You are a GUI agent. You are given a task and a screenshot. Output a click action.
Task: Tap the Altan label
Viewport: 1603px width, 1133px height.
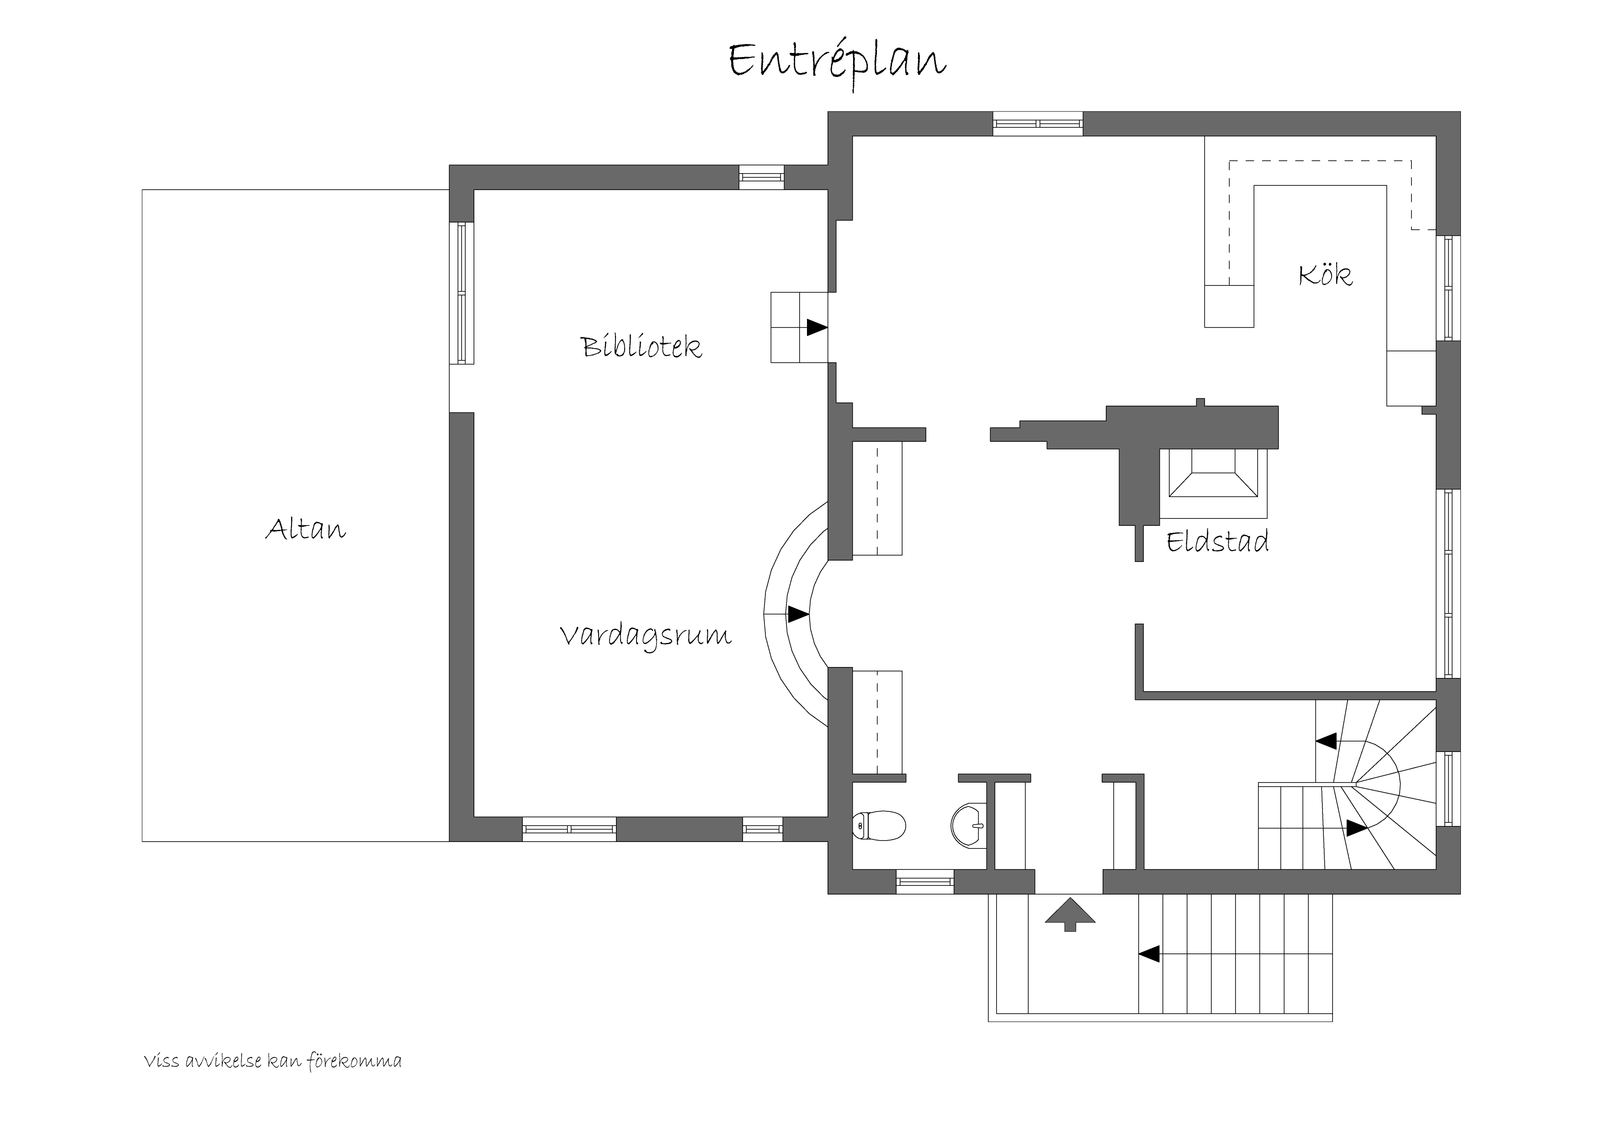[305, 530]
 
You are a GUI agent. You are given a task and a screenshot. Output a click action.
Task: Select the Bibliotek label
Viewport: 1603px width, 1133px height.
[641, 347]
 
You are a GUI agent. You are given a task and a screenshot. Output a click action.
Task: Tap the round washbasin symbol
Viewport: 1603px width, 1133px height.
[969, 825]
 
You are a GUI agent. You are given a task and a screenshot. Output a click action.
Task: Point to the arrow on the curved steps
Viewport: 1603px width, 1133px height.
[798, 614]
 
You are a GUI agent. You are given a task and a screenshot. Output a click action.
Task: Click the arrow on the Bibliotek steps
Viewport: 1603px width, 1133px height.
[816, 327]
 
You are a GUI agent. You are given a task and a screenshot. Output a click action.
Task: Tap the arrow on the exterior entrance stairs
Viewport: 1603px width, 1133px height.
[1149, 953]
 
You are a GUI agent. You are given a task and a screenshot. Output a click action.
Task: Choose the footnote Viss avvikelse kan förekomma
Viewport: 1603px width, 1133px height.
[272, 1062]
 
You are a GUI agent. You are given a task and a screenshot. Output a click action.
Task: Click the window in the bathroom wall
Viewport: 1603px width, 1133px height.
[924, 882]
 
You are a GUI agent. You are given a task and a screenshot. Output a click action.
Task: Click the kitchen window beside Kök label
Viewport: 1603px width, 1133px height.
[1448, 288]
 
